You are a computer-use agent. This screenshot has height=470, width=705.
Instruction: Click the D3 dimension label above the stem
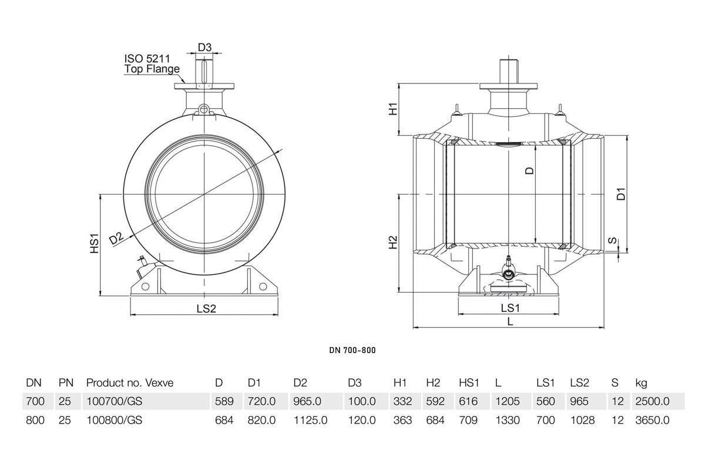click(x=204, y=47)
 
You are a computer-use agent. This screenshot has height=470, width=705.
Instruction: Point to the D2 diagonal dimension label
click(x=116, y=239)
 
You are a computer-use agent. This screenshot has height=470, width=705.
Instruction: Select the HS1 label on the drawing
click(x=95, y=243)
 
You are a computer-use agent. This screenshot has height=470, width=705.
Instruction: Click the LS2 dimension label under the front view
click(x=206, y=308)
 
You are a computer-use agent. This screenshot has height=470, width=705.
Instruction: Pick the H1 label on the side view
click(x=394, y=109)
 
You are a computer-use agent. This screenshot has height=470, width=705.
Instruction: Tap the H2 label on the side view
click(x=394, y=243)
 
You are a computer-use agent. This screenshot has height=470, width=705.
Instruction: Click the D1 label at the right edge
click(x=622, y=194)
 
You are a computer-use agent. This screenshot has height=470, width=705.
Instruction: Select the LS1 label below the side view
click(x=510, y=308)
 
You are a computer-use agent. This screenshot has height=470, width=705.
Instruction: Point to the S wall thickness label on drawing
click(x=612, y=240)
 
